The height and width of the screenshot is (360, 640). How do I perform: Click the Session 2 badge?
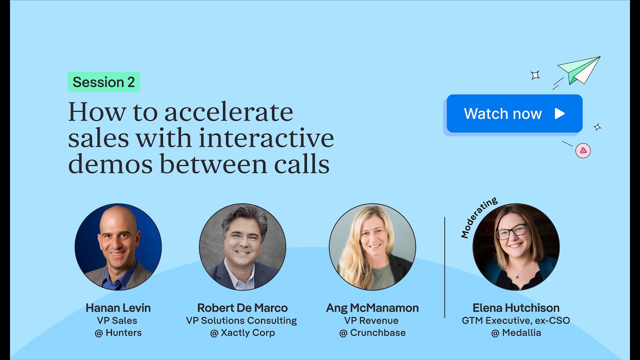(103, 82)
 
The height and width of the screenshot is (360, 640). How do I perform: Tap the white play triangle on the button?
(559, 113)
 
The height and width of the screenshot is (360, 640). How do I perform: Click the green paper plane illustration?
(580, 69)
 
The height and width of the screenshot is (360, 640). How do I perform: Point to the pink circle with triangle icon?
(583, 150)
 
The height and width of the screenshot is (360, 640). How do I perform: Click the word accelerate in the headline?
(228, 112)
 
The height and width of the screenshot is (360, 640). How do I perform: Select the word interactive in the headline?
(266, 138)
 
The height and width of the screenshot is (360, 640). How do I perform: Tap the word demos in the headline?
(106, 164)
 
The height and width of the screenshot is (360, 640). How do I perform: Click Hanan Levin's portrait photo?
(118, 247)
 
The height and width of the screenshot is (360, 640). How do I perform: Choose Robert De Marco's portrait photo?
(242, 247)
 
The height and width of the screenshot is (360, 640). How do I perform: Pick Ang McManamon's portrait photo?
(372, 247)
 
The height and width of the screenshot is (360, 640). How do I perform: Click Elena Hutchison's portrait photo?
(516, 247)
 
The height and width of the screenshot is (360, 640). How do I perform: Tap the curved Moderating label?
(478, 217)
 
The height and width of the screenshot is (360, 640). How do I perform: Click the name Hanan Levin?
(118, 308)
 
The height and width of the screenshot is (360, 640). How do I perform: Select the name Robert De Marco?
(242, 308)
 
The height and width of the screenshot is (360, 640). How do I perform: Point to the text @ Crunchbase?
(372, 333)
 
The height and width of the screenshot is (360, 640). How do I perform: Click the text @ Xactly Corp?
(242, 333)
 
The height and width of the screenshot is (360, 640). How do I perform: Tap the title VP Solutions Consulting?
(241, 320)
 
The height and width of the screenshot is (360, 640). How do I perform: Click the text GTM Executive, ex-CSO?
(516, 320)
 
